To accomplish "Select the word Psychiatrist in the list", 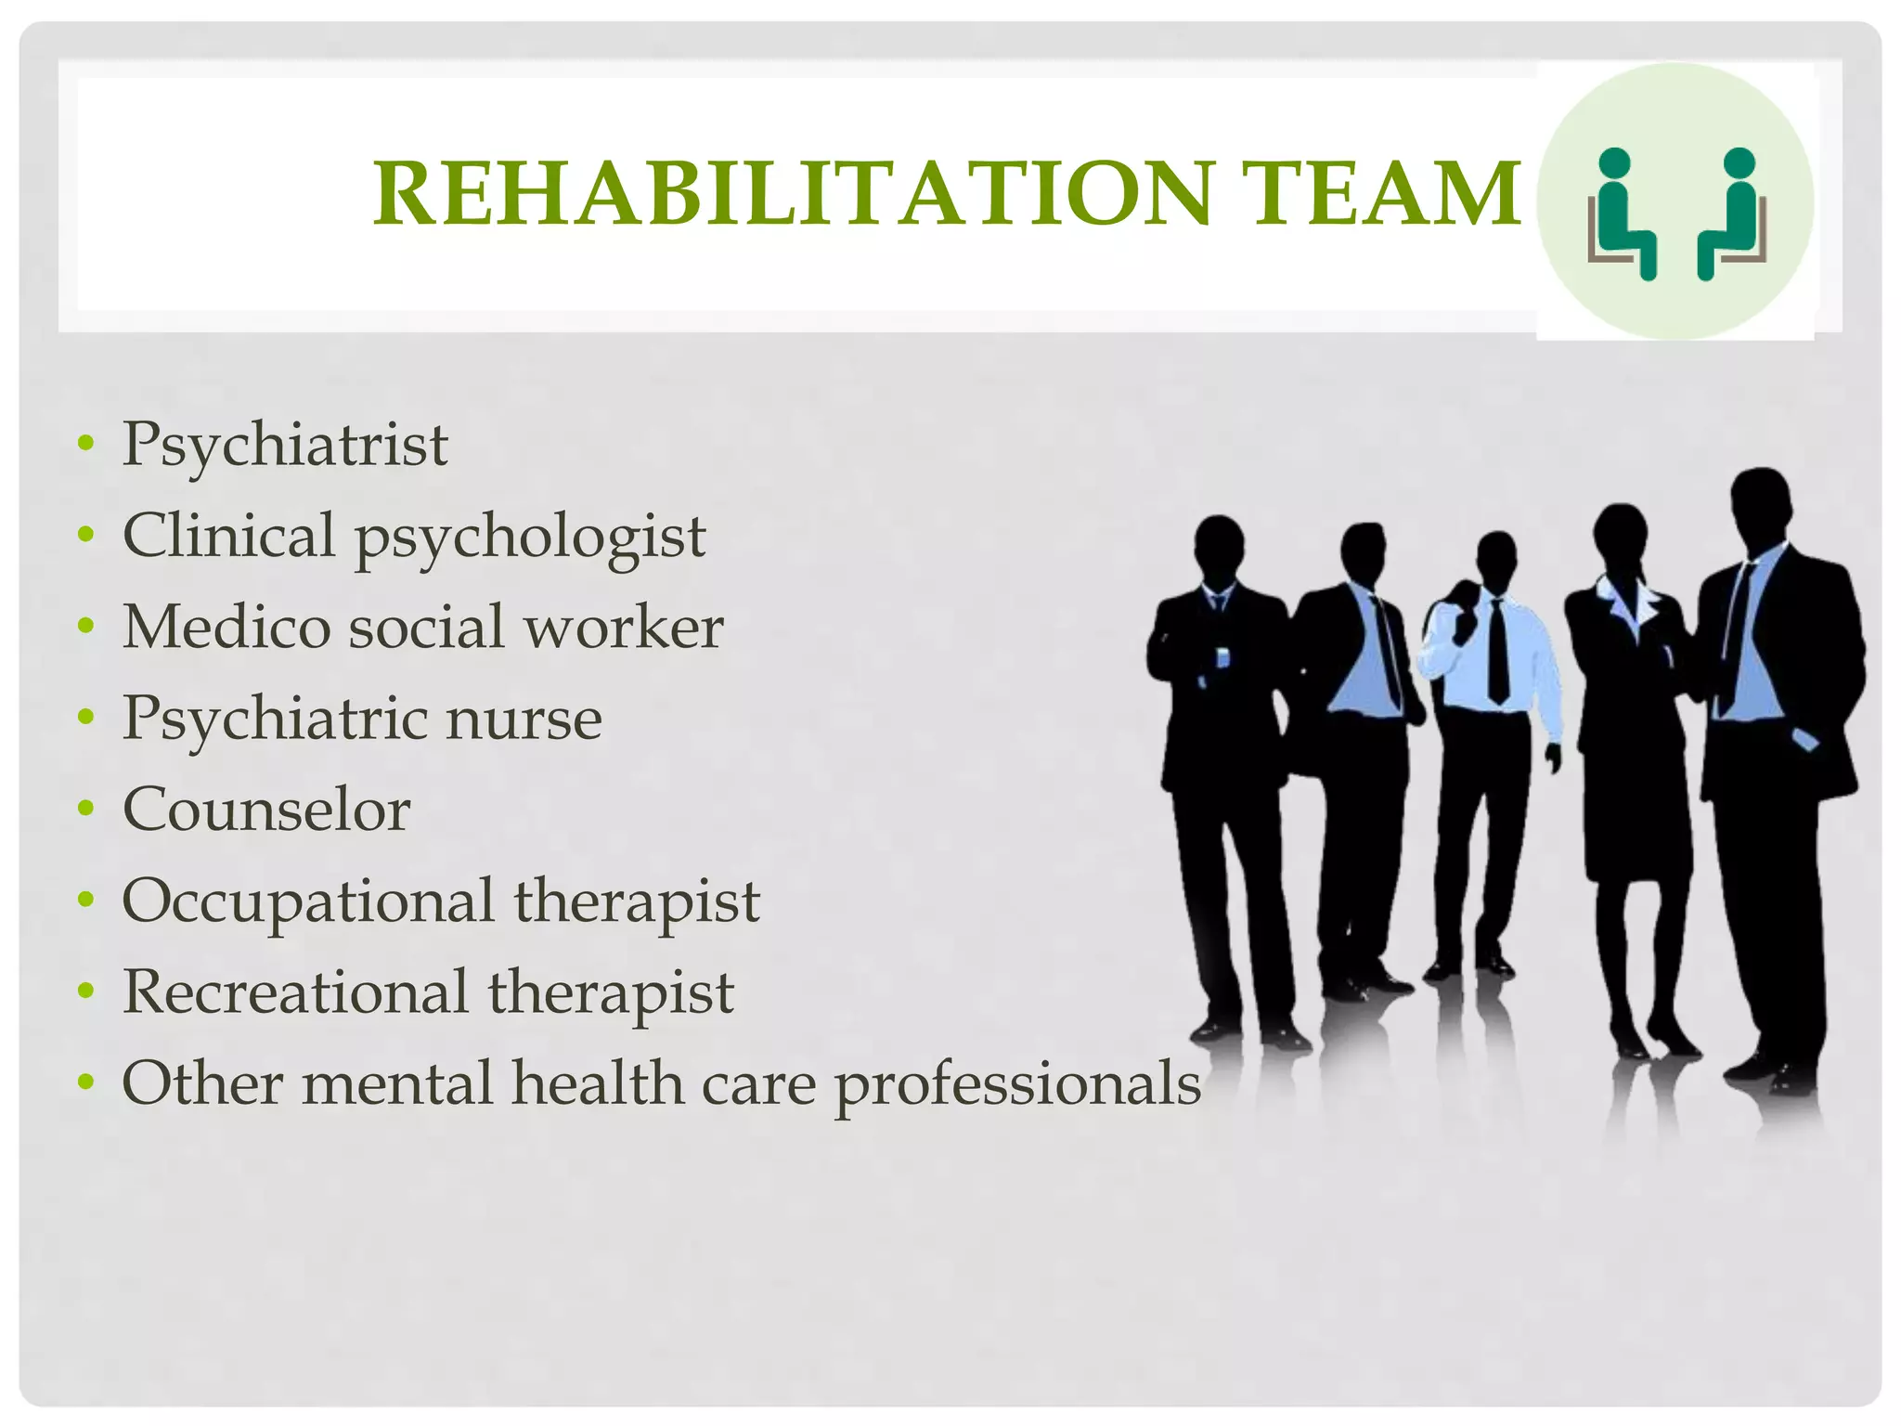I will [x=285, y=446].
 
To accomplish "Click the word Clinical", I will [x=228, y=536].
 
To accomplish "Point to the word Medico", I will [x=226, y=628].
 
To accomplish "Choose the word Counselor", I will [x=266, y=810].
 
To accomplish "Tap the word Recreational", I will [x=295, y=992].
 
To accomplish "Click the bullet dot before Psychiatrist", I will [x=86, y=444].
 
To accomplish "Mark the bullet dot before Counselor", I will [x=86, y=809].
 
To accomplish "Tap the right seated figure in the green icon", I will [x=1730, y=214].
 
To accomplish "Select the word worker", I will [x=624, y=628].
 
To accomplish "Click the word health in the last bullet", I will [x=598, y=1084].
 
